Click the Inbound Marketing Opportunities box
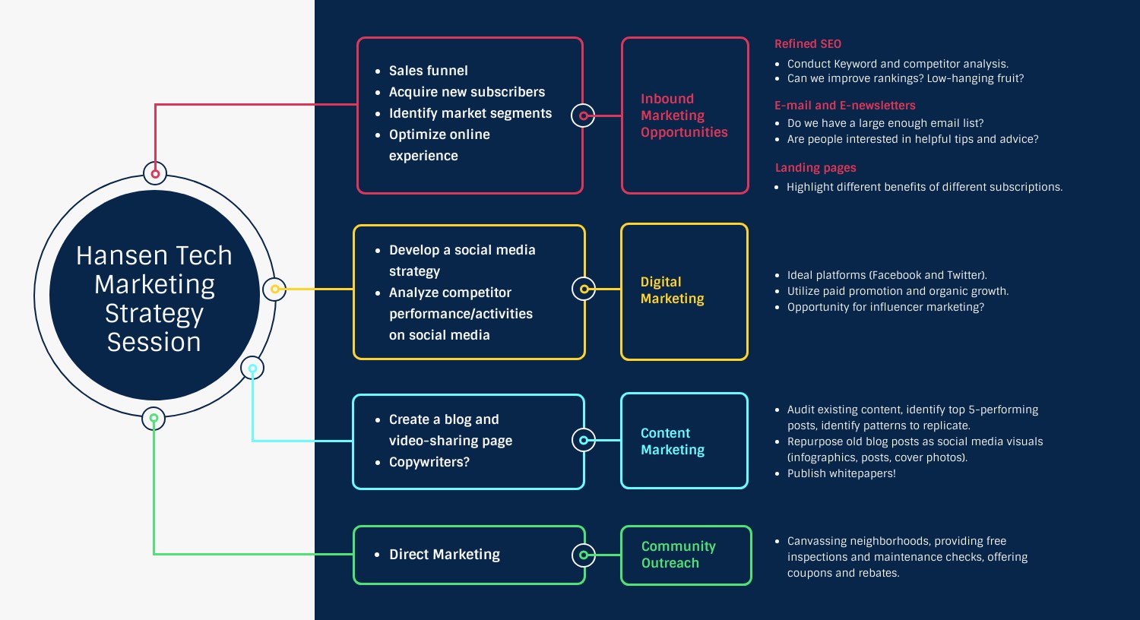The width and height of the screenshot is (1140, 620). [684, 115]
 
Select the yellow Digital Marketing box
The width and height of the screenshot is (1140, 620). [684, 291]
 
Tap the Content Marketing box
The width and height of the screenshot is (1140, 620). [684, 441]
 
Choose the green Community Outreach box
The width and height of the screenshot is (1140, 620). [686, 555]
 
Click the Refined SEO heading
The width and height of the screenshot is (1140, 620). [808, 44]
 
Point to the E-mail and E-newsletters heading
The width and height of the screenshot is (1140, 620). [845, 106]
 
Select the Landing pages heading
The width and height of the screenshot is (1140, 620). [815, 168]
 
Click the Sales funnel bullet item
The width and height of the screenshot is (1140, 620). [428, 71]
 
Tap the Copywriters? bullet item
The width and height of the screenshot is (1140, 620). [429, 462]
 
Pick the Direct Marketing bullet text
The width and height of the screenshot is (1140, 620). [444, 555]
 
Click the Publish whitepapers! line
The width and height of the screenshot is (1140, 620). [841, 473]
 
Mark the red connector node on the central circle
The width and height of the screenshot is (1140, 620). [155, 173]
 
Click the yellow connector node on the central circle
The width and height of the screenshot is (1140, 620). [274, 289]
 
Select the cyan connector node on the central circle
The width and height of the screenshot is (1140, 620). [252, 369]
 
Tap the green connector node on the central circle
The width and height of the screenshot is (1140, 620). [154, 418]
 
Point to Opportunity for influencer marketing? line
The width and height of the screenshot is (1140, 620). [885, 307]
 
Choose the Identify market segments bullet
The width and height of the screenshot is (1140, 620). [470, 113]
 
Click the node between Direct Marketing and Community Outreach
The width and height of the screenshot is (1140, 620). [583, 555]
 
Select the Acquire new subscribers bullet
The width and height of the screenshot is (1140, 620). [467, 92]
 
